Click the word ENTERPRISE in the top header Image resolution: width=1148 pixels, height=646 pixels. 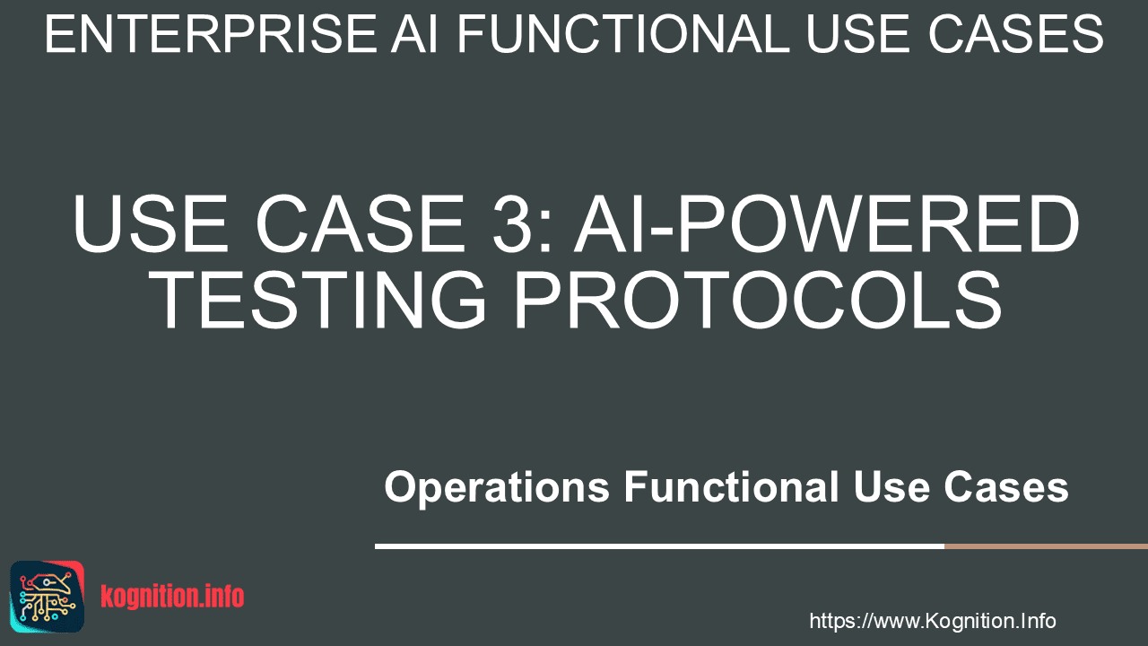211,34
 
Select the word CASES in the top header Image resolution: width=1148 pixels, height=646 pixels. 1016,34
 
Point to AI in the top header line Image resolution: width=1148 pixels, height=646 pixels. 414,34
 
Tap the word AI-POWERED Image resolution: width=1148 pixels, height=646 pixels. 827,223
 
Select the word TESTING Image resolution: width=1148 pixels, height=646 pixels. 317,299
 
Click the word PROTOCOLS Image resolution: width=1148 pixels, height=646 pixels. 758,299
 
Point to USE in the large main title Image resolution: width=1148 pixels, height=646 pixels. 150,223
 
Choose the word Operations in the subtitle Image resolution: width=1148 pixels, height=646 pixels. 497,487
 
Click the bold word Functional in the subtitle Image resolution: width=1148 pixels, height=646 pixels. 731,486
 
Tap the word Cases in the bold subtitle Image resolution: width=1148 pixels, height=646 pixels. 1006,486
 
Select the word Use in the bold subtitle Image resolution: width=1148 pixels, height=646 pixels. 891,486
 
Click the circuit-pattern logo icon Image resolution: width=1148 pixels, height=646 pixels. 48,597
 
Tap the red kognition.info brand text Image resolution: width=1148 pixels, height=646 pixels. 172,597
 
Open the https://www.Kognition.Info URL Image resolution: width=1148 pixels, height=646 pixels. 933,621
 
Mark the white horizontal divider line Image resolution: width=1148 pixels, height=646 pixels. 659,546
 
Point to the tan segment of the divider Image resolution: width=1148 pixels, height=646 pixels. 1046,546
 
